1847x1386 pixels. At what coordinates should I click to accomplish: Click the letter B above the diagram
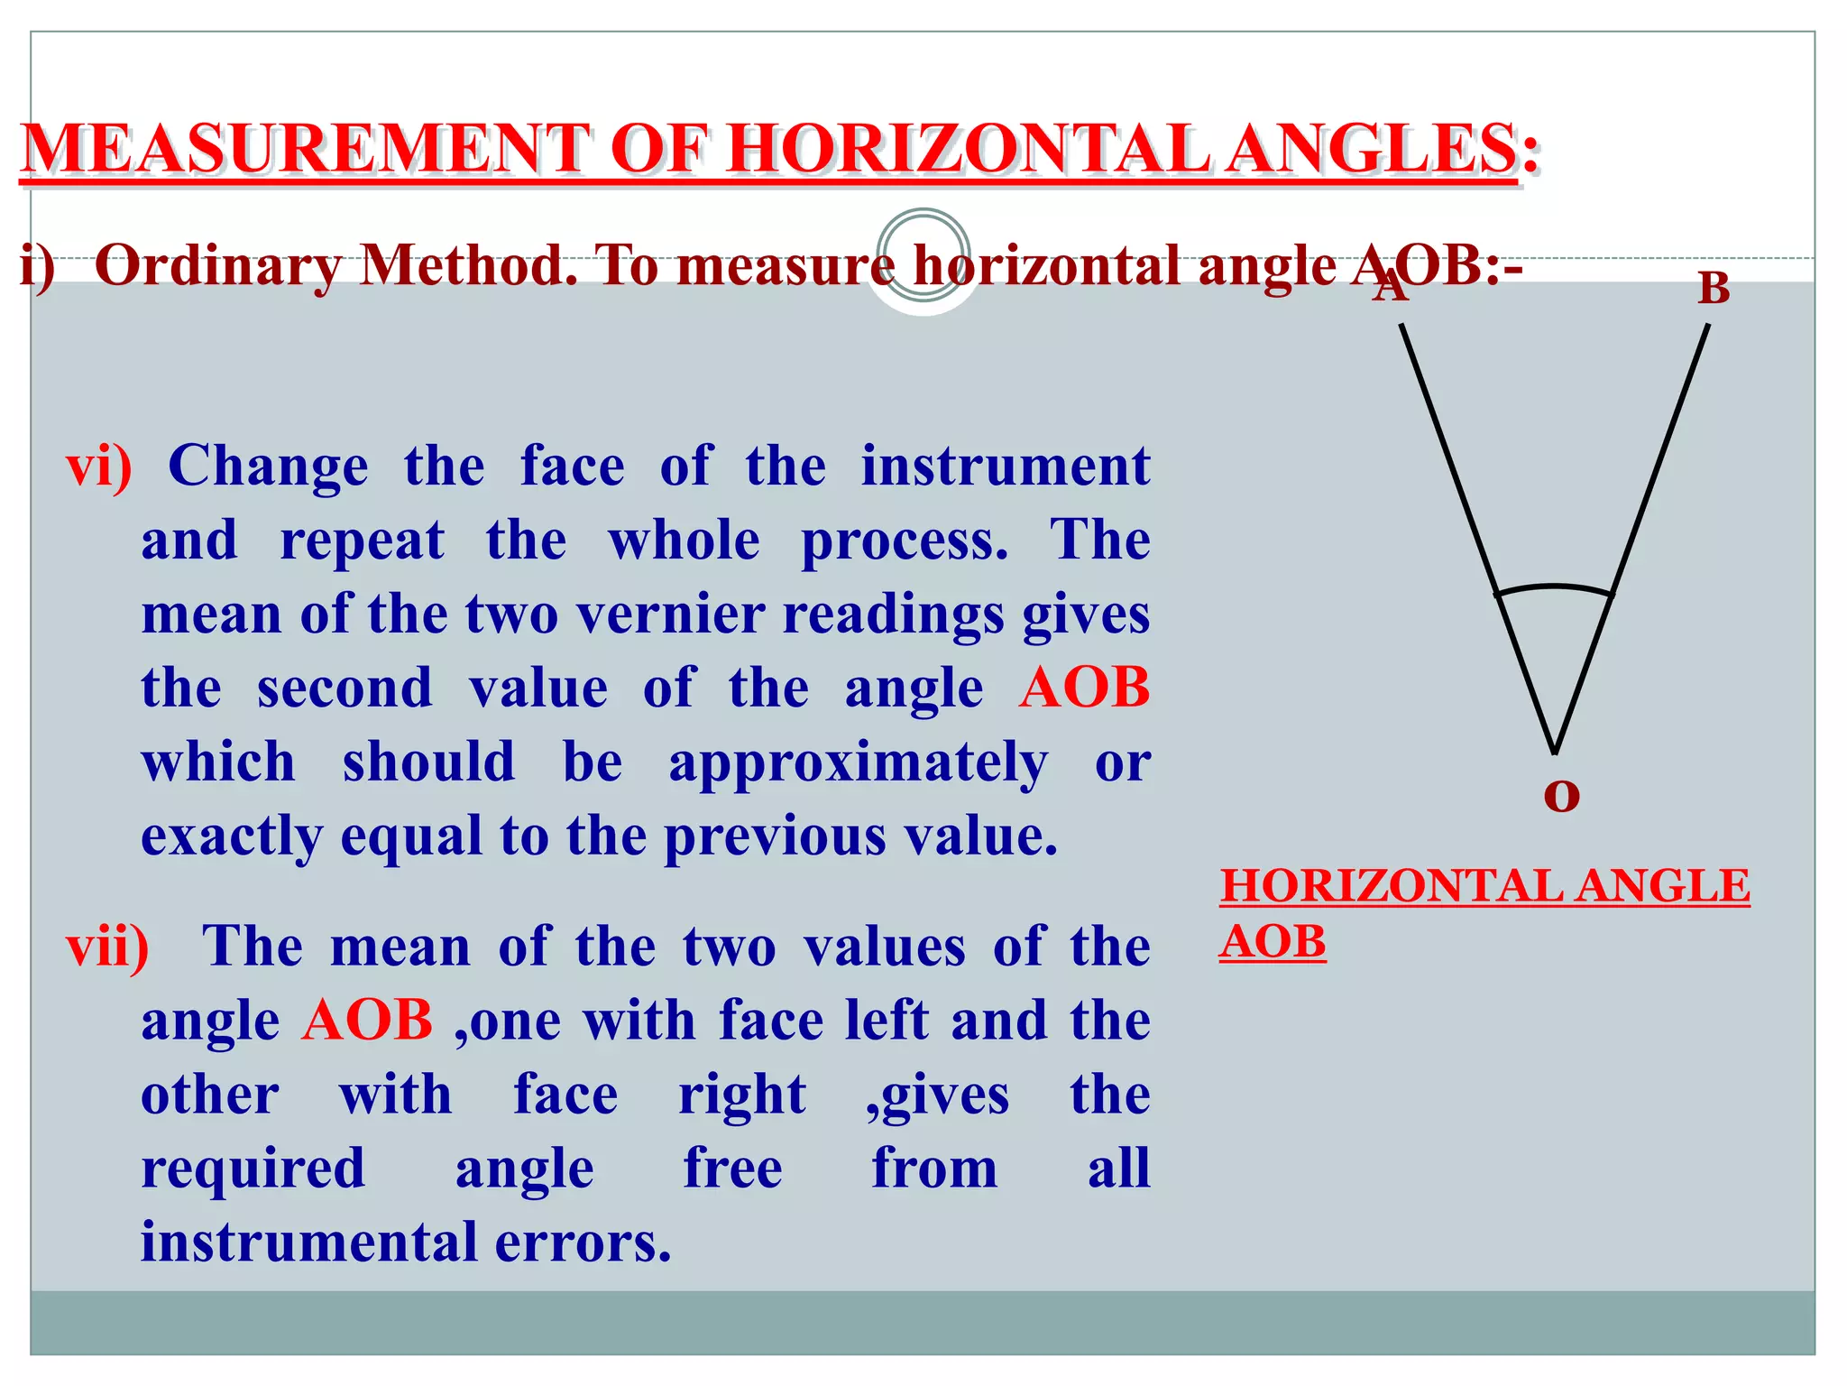tap(1714, 289)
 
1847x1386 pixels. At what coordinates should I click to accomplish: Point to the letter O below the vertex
tap(1561, 795)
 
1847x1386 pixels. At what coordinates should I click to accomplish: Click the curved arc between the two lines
tap(1554, 587)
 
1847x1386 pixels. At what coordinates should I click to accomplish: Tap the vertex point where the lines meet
tap(1555, 751)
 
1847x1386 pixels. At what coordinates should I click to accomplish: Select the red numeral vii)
tap(107, 947)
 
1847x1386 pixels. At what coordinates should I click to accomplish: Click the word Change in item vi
tap(268, 467)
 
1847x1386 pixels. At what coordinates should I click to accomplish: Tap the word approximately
tap(858, 762)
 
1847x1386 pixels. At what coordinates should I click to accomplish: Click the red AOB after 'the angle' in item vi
tap(1085, 688)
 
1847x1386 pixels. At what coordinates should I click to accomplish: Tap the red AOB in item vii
tap(368, 1021)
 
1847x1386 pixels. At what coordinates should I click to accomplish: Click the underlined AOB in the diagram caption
tap(1273, 942)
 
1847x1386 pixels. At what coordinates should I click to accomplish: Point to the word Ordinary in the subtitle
tap(217, 266)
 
